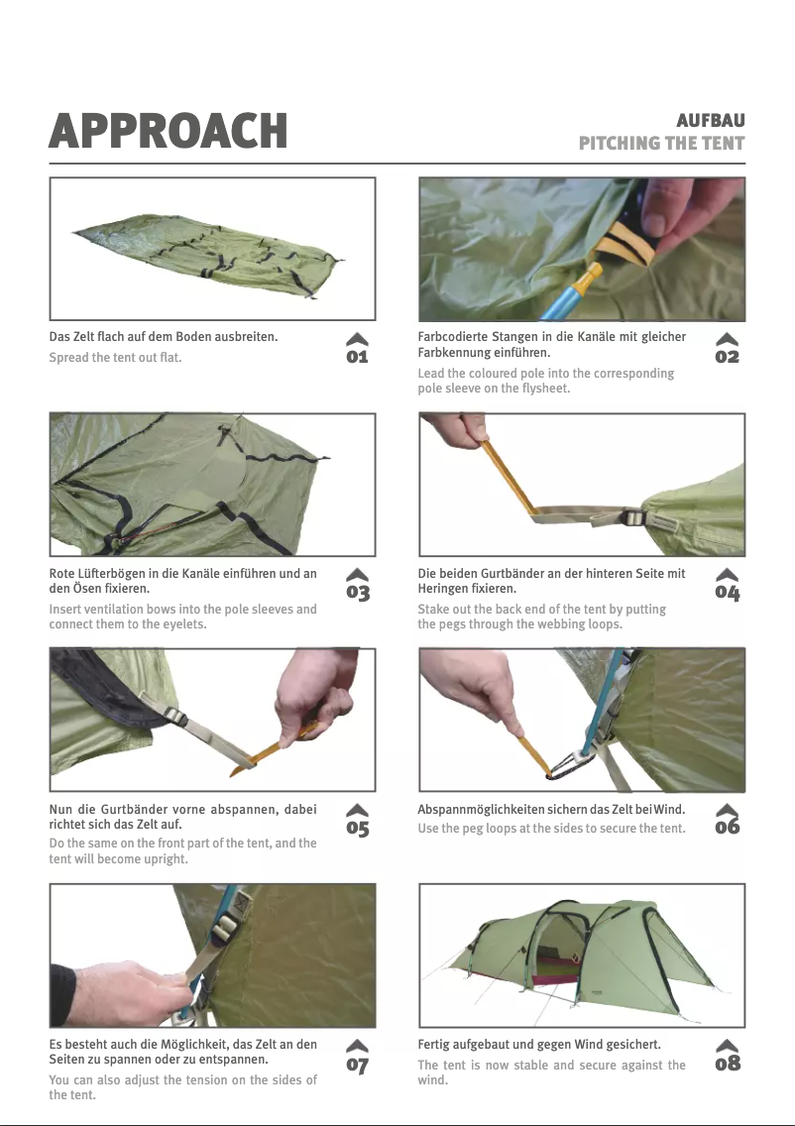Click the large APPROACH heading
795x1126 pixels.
tap(169, 131)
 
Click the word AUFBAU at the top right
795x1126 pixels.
tap(711, 121)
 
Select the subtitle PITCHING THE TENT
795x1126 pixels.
tap(661, 144)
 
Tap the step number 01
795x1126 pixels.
tap(357, 357)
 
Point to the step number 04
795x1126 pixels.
tap(727, 593)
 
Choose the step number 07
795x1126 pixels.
tap(357, 1065)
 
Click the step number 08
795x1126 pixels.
tap(728, 1063)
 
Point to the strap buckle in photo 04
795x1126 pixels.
tap(633, 517)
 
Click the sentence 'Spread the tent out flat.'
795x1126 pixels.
tap(115, 358)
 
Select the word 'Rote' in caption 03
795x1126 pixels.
tap(61, 574)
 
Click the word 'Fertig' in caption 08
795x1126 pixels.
tap(434, 1045)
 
